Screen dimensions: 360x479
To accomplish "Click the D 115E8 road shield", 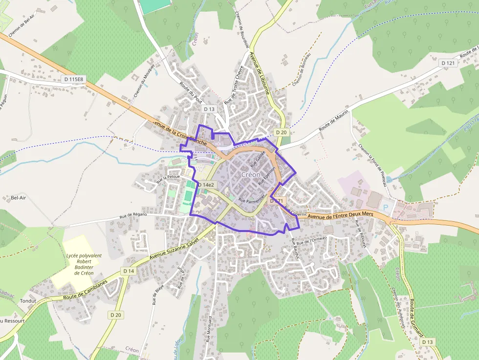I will point(74,79).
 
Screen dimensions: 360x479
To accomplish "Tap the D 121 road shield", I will point(448,63).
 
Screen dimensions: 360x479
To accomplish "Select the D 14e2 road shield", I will point(206,185).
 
